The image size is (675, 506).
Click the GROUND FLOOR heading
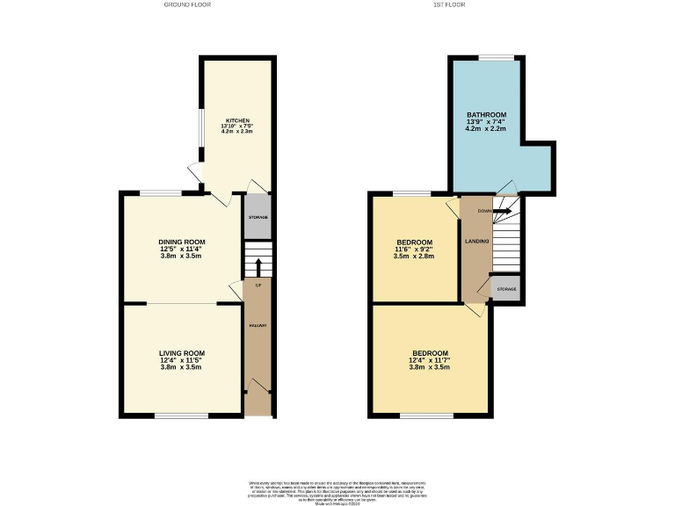tap(186, 4)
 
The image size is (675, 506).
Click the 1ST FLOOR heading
tap(449, 4)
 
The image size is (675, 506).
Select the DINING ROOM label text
tap(181, 242)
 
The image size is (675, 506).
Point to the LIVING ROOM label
tap(181, 353)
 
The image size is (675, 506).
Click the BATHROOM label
tap(486, 115)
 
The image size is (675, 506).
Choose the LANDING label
tap(476, 242)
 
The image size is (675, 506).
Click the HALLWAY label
tap(258, 326)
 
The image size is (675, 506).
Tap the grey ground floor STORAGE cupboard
tap(258, 216)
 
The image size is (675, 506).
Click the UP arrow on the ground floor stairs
tap(258, 265)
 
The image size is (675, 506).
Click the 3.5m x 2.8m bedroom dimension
tap(414, 256)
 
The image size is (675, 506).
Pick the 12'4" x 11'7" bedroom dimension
tap(429, 360)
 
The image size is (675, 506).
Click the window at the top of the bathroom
tap(497, 59)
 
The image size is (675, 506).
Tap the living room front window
tap(182, 415)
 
